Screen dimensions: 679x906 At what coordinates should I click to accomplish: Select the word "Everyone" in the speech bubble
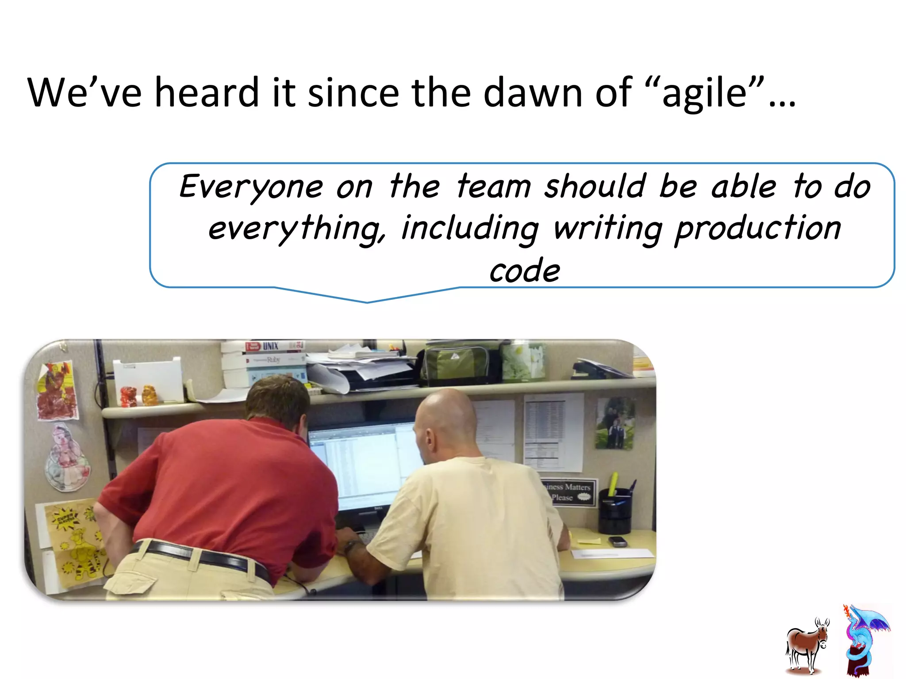251,187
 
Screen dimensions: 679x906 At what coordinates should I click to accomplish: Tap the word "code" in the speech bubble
524,271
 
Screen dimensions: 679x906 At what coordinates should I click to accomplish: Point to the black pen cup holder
615,513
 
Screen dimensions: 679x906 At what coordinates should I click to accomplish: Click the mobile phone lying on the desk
617,541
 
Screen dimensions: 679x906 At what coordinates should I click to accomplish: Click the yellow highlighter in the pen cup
613,484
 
